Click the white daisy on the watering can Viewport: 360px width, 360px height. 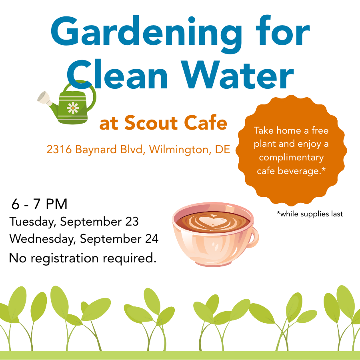pos(73,108)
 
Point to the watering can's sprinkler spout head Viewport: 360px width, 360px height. pos(43,97)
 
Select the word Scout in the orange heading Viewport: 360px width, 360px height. pos(151,123)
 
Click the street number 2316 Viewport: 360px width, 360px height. pos(59,150)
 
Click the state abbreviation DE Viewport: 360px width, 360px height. pos(222,150)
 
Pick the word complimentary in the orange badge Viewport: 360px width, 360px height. pos(291,158)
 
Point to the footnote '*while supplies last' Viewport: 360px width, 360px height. pos(310,214)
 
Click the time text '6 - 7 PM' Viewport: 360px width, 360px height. pos(39,204)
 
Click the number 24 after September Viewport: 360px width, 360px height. pos(152,239)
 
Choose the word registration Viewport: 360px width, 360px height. pos(65,258)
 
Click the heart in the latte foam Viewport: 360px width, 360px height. pos(212,221)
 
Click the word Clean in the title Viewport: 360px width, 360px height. pos(118,74)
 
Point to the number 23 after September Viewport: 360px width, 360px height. pos(132,222)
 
